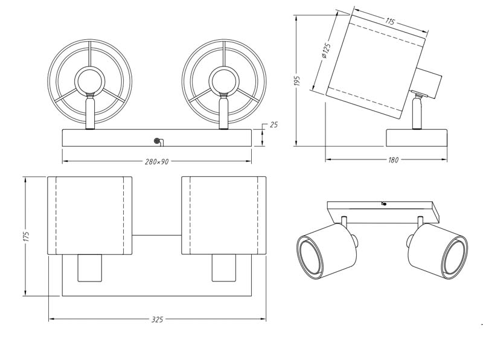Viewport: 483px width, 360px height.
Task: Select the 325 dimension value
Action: (157, 319)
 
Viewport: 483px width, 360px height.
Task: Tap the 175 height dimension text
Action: (26, 237)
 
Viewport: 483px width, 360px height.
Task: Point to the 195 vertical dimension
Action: (296, 81)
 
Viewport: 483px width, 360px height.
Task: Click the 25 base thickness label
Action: (273, 125)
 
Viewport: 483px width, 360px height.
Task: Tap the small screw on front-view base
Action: (157, 141)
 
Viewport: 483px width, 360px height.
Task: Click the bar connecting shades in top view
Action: (156, 235)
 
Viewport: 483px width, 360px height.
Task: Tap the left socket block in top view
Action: (89, 268)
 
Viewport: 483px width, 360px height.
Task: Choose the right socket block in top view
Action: (223, 268)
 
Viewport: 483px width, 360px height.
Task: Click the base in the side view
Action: (417, 137)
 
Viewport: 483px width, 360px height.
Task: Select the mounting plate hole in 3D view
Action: (383, 205)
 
